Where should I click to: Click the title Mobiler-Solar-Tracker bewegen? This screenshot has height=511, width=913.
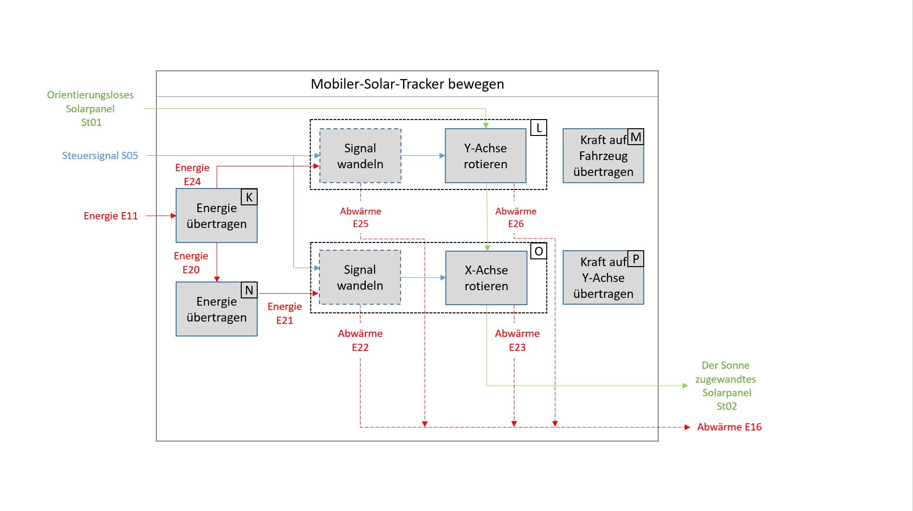(407, 84)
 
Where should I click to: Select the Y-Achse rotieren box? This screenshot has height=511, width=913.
(485, 156)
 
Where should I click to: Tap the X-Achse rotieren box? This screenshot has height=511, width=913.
(486, 278)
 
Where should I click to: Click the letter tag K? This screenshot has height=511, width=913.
(249, 197)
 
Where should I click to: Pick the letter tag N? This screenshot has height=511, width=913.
(249, 290)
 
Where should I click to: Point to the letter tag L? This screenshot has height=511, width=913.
(539, 128)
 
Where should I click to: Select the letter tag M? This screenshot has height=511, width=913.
(636, 137)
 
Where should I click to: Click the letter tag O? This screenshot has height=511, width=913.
(539, 251)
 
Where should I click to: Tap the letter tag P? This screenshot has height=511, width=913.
(636, 259)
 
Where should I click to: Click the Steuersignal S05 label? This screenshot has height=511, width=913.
(100, 156)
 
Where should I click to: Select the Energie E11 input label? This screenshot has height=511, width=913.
(111, 216)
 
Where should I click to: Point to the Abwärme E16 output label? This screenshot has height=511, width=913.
(729, 427)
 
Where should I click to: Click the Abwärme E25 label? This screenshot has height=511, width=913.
(360, 217)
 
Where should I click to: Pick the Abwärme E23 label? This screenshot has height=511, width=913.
(517, 340)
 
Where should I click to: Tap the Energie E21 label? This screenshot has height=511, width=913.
(285, 313)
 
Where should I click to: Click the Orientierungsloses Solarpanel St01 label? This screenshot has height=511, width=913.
(90, 108)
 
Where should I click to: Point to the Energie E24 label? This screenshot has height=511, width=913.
(192, 175)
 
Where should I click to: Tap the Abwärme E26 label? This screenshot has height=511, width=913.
(515, 217)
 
